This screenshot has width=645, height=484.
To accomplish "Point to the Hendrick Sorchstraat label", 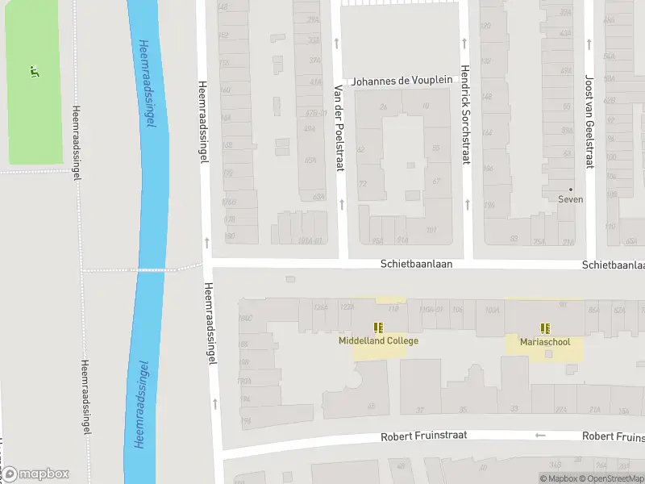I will pos(465,115).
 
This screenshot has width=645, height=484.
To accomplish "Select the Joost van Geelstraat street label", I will pos(589,122).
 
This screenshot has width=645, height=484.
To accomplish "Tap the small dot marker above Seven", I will pos(571,189).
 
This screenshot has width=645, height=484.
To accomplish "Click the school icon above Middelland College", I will pos(378,328).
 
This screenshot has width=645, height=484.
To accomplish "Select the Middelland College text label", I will pos(378,341).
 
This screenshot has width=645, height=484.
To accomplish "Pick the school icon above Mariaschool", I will pos(545,328).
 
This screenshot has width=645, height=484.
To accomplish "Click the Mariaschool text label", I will pos(545,342).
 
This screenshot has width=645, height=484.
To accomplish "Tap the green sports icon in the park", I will pos(34,71).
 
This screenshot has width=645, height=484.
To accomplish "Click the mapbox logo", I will pos(35,474).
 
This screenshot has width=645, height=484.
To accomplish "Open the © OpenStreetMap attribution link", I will pos(613,479).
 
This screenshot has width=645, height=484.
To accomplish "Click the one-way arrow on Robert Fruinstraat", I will pos(540,436).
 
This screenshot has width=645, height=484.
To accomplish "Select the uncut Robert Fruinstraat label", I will pos(424,437).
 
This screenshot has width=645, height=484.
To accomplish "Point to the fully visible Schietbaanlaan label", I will pos(416,264).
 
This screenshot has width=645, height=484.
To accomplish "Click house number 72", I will pos(363,184).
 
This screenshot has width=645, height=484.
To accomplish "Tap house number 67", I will pos(436,181).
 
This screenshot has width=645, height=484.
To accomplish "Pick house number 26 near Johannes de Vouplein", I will pos(383,106).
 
